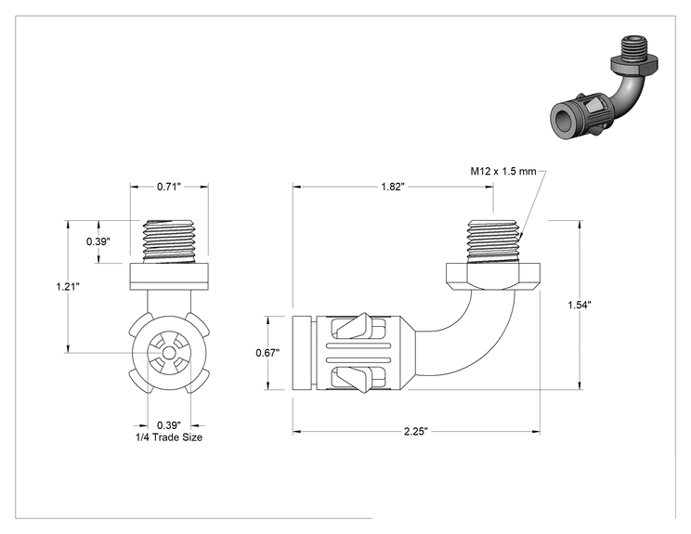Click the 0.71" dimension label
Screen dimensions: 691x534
pos(169,187)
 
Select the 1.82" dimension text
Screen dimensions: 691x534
pos(393,187)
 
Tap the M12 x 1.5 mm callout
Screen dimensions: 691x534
pos(503,171)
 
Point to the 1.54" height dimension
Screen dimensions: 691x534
pos(579,305)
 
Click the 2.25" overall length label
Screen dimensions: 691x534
pos(416,431)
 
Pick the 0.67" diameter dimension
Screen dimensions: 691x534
pos(267,353)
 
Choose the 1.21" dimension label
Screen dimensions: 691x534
pos(68,287)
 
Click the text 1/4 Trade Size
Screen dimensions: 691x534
pos(169,437)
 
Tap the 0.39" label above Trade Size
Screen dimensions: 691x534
pos(169,425)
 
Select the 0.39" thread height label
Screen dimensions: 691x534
pos(98,241)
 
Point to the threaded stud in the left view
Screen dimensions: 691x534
pos(169,241)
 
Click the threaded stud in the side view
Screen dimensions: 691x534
pos(493,241)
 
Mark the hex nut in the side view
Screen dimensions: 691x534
pos(493,276)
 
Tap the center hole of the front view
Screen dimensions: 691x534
pos(169,353)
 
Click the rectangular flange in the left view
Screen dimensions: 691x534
pos(169,276)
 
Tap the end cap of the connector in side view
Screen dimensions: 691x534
pos(303,353)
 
